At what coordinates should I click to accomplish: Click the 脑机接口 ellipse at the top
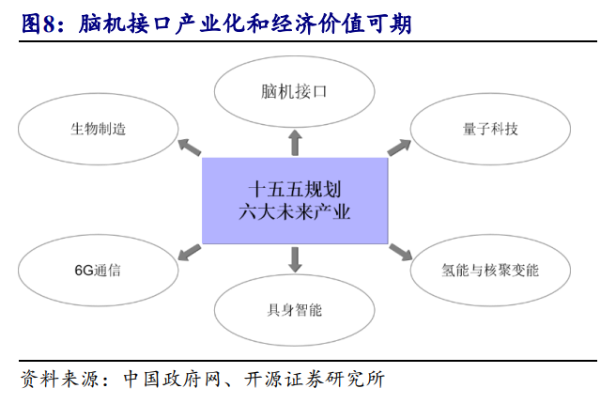pos(294,92)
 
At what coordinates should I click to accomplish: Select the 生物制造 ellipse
pos(98,130)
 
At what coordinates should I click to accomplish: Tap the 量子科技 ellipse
pos(491,130)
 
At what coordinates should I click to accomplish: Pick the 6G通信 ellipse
pos(98,271)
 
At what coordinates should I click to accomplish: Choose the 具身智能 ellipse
pos(294,309)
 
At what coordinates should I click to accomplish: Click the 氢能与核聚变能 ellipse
pos(491,271)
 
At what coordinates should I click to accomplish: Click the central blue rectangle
pos(295,200)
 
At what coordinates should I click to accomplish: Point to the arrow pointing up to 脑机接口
pos(294,142)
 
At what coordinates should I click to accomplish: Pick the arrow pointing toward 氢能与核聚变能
pos(401,252)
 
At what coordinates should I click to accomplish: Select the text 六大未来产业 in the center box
pos(295,212)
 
